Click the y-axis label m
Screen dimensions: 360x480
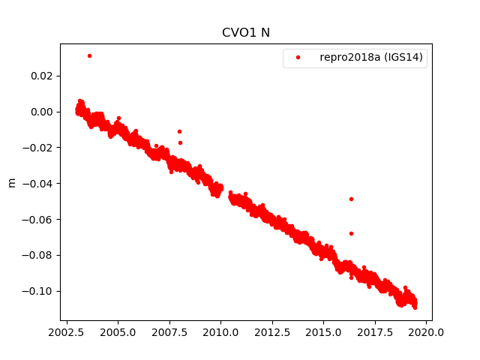click(11, 182)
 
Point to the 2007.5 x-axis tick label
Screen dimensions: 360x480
click(169, 331)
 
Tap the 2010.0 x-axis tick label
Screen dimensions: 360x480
click(220, 331)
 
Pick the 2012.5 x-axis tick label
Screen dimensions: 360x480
click(272, 331)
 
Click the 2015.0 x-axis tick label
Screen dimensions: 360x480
click(324, 331)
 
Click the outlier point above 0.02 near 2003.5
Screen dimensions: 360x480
click(89, 55)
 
